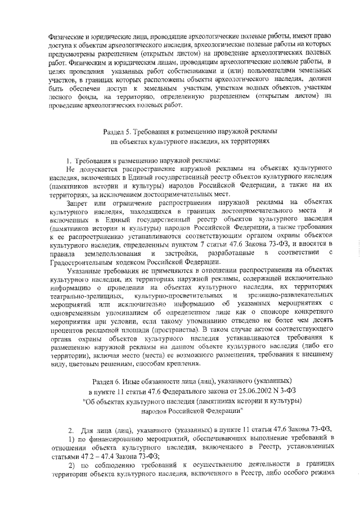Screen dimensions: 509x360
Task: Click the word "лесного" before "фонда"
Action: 61,96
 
